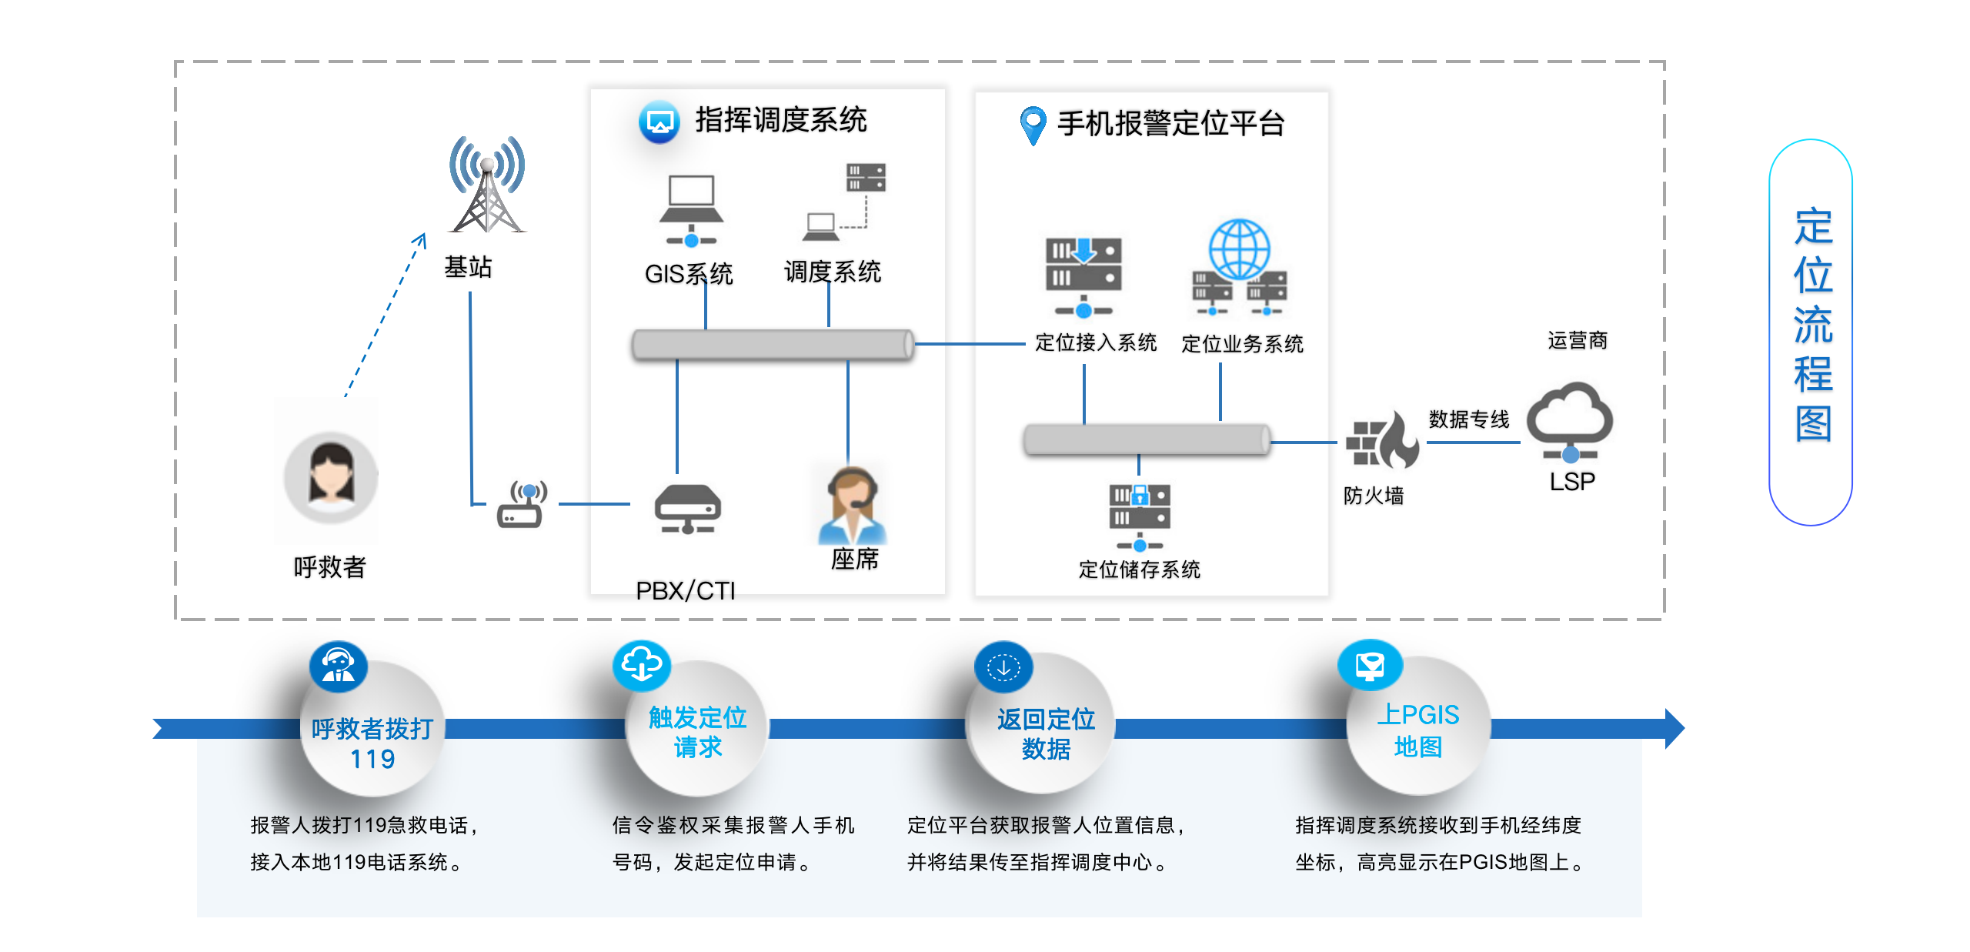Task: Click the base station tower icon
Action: pyautogui.click(x=487, y=186)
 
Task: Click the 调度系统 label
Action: pyautogui.click(x=833, y=272)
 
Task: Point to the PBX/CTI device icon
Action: pyautogui.click(x=687, y=508)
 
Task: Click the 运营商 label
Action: pyautogui.click(x=1578, y=340)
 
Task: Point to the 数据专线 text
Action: pyautogui.click(x=1469, y=419)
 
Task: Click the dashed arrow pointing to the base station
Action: pyautogui.click(x=385, y=316)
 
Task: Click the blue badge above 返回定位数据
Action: pyautogui.click(x=1003, y=666)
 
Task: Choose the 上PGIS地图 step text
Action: pyautogui.click(x=1417, y=730)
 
